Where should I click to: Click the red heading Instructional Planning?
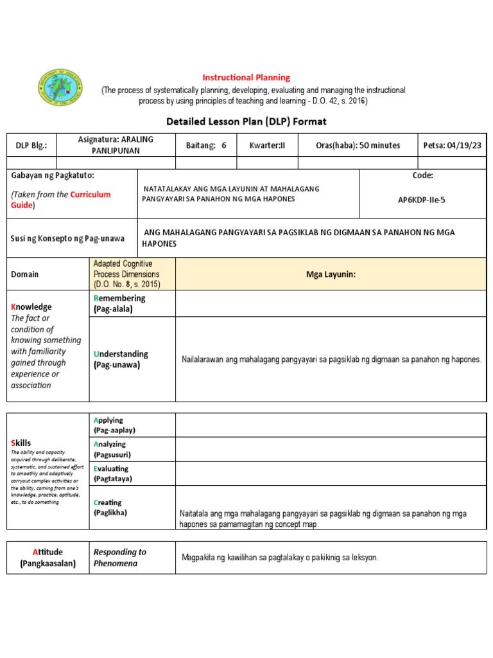(x=246, y=78)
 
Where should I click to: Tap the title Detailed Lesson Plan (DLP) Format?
(x=246, y=121)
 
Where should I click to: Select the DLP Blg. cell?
(x=31, y=145)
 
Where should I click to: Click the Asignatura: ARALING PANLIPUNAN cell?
(x=116, y=145)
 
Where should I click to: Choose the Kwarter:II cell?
(x=267, y=145)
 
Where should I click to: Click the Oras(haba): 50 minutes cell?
(x=358, y=145)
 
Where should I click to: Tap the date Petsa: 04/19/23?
(x=452, y=145)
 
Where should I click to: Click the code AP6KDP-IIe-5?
(x=422, y=200)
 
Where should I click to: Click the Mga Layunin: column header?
(x=331, y=274)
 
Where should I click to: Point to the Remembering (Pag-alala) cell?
(x=120, y=303)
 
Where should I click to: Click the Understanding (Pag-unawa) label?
(x=121, y=359)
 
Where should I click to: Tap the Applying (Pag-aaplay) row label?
(x=114, y=425)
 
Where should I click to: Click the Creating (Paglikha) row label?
(x=110, y=507)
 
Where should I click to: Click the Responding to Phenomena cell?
(x=120, y=557)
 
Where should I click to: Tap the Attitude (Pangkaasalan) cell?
(x=48, y=557)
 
